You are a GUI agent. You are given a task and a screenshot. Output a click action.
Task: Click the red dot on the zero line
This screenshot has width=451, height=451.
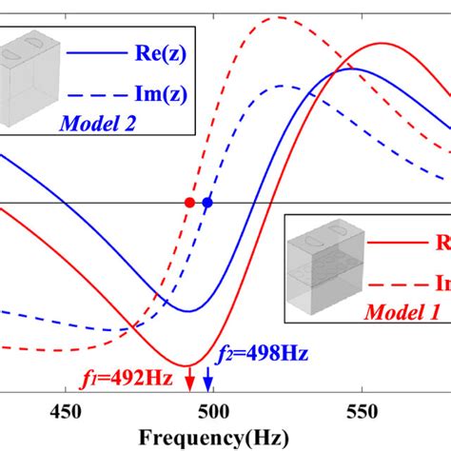189,203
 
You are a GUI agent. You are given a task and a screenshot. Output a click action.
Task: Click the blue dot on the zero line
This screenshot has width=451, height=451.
207,203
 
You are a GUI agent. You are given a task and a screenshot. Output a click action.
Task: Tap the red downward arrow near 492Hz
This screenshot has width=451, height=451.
189,381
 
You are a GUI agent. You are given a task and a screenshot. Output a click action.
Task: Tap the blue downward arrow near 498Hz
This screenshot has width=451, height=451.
208,381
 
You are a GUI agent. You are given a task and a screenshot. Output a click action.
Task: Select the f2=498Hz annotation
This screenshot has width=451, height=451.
264,354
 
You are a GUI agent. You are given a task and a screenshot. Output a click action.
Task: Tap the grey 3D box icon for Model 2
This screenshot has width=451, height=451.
29,72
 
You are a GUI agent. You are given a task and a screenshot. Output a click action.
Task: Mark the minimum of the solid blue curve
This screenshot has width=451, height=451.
188,311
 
